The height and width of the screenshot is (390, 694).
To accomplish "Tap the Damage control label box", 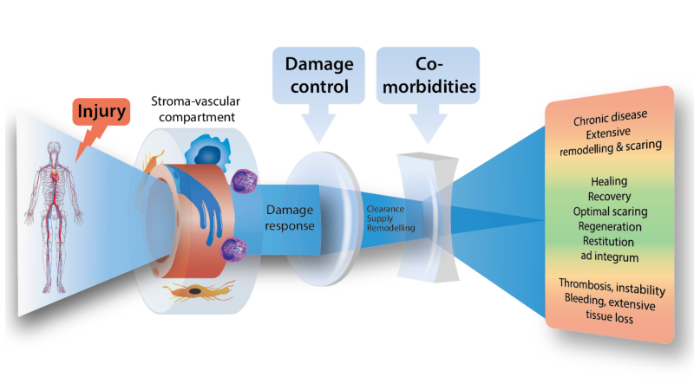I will pyautogui.click(x=315, y=75).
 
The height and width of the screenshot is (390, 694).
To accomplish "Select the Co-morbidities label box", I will pyautogui.click(x=427, y=75).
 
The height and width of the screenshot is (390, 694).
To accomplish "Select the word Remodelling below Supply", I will pyautogui.click(x=390, y=228).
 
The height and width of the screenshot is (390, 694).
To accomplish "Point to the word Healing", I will pyautogui.click(x=609, y=181).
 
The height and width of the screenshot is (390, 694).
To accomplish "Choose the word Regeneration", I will pyautogui.click(x=609, y=227).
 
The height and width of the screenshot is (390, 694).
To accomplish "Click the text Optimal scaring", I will pyautogui.click(x=609, y=211).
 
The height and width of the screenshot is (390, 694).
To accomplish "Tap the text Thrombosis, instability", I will pyautogui.click(x=609, y=287).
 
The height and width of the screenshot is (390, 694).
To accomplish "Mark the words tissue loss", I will pyautogui.click(x=609, y=317).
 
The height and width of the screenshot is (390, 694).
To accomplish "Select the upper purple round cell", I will pyautogui.click(x=242, y=181).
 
